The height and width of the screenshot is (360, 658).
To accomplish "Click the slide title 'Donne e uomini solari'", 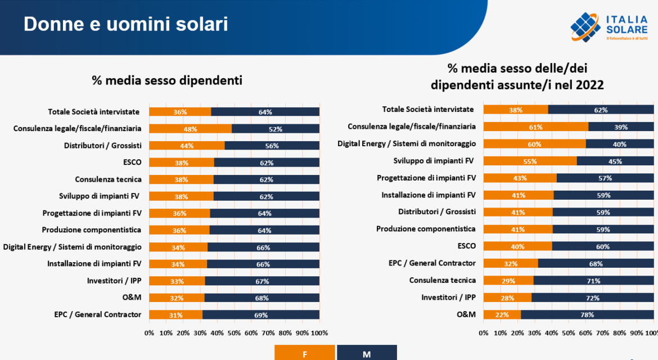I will coord(126,24).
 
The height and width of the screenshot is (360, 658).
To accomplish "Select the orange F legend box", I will coord(304,353).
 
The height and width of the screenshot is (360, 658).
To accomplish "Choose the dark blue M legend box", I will coord(367,353).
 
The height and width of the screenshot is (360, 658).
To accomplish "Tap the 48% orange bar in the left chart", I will coord(190,129).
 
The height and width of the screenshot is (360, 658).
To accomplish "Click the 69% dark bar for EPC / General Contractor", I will coord(261,315).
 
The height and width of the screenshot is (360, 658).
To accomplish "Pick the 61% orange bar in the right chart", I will coord(535,127).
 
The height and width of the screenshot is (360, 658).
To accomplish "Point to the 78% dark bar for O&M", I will coord(587,314).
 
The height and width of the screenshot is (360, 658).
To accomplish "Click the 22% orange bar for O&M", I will coord(502,314).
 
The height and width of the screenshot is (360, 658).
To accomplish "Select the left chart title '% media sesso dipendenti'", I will coord(167,81).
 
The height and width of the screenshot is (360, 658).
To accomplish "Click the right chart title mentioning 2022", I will coord(517,77).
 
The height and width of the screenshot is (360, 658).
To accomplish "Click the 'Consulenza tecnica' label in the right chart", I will coord(442,280).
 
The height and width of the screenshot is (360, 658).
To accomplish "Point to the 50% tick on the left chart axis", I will coord(234,333).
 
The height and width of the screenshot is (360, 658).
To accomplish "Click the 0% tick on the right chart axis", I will coord(484,333).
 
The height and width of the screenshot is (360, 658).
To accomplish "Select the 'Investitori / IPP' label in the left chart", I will coord(114,281).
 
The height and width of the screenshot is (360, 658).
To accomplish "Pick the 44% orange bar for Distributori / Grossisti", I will coord(187,146).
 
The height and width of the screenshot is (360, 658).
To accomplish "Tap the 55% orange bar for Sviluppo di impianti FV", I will coord(530,161).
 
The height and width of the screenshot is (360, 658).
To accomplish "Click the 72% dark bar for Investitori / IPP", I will coord(593,298).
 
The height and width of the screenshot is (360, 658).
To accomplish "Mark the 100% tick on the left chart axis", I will coord(319,333).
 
